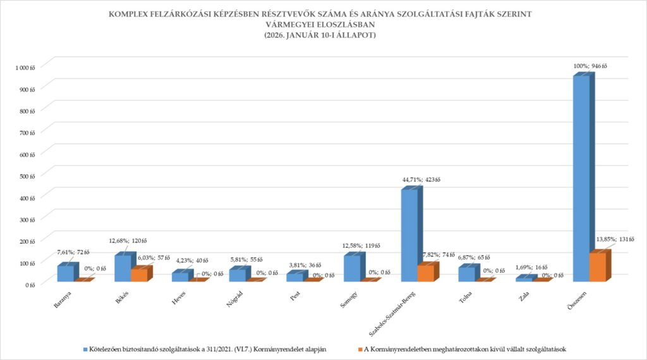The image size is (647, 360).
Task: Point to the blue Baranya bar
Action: pos(65,273)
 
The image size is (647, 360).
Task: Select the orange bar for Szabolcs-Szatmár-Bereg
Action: pos(425,273)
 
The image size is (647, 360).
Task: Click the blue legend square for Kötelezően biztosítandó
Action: pos(85,349)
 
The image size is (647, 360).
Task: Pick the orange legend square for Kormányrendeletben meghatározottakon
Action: pos(359,349)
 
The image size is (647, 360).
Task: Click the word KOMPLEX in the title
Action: pos(131,13)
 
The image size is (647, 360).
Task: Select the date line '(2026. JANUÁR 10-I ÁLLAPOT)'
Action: pos(320,36)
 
